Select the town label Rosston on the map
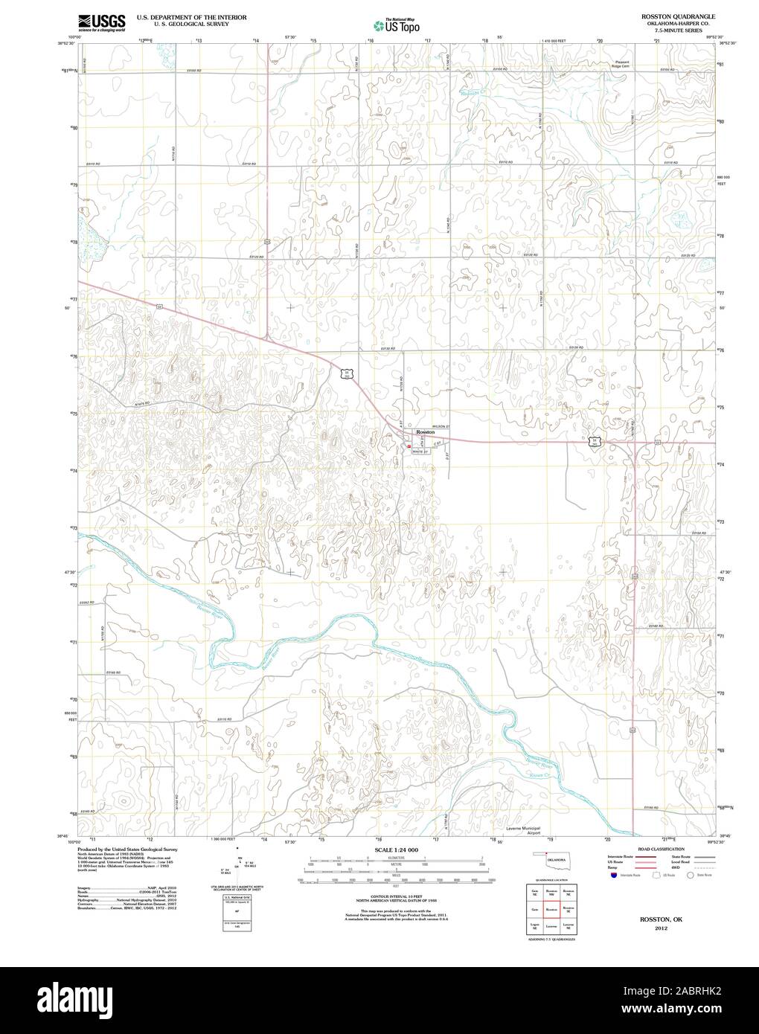pyautogui.click(x=425, y=432)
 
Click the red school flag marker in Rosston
pyautogui.click(x=409, y=446)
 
